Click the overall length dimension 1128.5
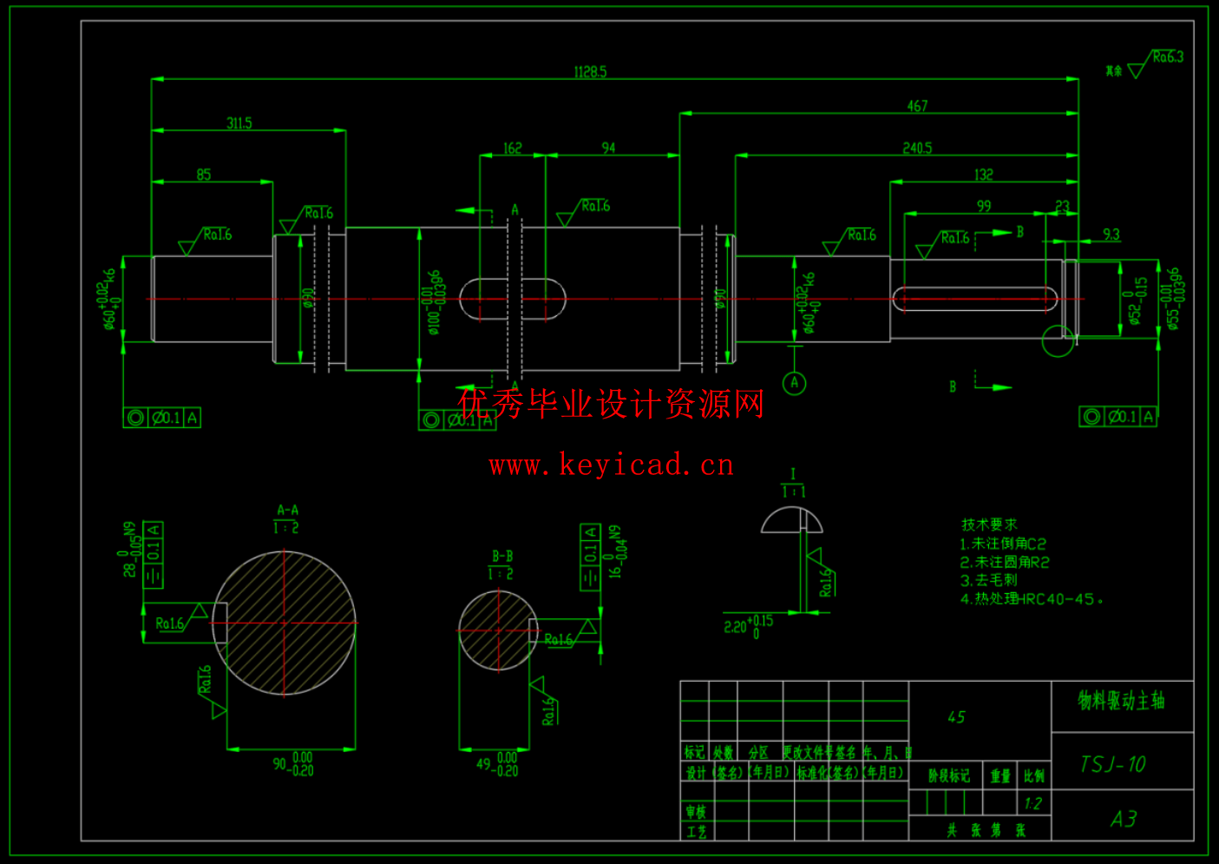coord(590,72)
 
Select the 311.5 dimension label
coord(239,123)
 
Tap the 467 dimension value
coord(917,106)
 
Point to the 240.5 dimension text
coord(917,148)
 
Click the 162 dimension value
coord(513,148)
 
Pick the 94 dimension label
coord(608,148)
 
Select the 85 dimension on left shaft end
coord(204,175)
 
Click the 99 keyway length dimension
coord(983,207)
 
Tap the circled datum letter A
coord(794,383)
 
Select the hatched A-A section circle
coord(285,623)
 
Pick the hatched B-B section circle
coord(498,631)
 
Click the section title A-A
coord(287,511)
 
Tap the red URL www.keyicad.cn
coord(611,465)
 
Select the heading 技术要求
coord(989,524)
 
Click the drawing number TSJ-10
coord(1113,764)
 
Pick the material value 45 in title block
coord(956,717)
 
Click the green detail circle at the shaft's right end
coord(1058,340)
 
